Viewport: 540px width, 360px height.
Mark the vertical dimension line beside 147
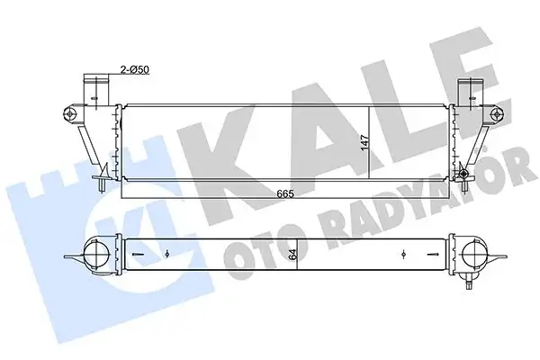coord(372,144)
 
